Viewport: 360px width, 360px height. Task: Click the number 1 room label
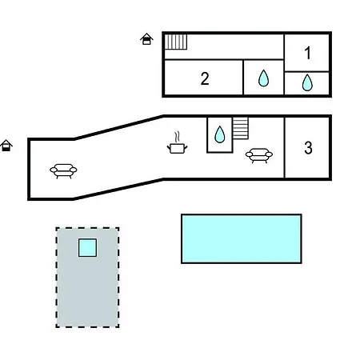click(308, 53)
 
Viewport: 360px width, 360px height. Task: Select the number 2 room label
click(205, 78)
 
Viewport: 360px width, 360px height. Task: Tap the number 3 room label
click(308, 147)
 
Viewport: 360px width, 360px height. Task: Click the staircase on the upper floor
click(175, 42)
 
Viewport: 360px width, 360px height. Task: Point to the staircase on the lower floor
click(240, 128)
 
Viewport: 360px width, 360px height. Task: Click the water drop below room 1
click(307, 82)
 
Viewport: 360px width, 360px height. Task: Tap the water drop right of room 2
click(263, 78)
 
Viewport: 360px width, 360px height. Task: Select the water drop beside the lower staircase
click(220, 134)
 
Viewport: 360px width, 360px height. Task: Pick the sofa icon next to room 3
click(259, 155)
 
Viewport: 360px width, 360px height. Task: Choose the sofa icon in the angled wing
click(63, 171)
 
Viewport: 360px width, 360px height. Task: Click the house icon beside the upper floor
click(146, 39)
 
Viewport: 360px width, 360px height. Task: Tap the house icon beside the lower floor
click(6, 146)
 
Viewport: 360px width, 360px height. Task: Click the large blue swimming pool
click(242, 238)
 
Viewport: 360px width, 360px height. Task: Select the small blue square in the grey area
click(87, 248)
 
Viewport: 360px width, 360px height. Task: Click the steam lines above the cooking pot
click(177, 138)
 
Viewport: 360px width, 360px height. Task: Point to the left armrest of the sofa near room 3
click(249, 154)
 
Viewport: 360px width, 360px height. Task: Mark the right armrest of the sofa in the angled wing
click(74, 170)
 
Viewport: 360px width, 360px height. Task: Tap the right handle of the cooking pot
click(186, 147)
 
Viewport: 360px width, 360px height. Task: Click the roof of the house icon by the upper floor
click(146, 36)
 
